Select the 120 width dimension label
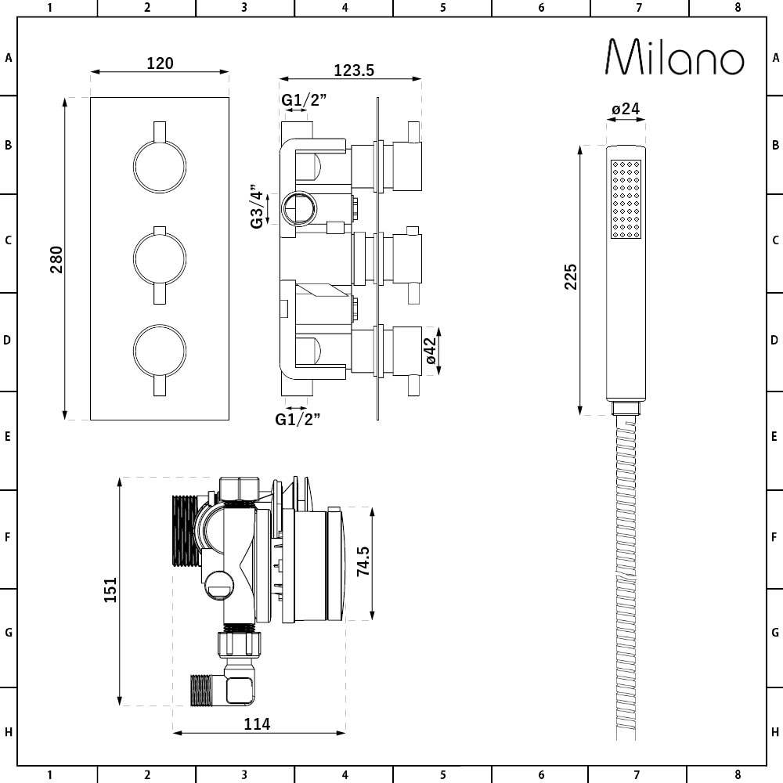(160, 63)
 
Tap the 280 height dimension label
(56, 259)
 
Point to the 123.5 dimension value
(354, 70)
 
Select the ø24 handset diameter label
(626, 110)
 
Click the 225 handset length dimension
(570, 277)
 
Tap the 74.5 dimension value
(363, 561)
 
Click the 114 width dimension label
(257, 724)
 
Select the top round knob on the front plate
(160, 166)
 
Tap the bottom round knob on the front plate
(160, 348)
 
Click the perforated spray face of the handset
(626, 199)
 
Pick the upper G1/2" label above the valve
(304, 100)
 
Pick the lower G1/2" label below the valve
(298, 419)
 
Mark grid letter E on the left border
(9, 436)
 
